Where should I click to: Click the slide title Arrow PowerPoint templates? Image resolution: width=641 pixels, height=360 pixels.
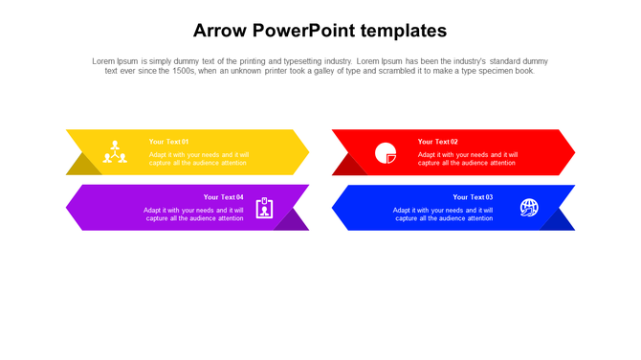coord(320,30)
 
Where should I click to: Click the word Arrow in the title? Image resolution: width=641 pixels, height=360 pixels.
coord(219,30)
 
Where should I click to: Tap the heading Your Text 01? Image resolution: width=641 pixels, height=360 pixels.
coord(169,142)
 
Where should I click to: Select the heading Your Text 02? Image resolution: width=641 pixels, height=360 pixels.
coord(437,142)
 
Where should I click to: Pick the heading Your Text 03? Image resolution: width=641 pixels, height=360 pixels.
coord(473,197)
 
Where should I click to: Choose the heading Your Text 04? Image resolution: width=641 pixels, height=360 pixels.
coord(223,197)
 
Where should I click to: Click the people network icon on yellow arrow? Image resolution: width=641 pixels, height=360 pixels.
coord(115,151)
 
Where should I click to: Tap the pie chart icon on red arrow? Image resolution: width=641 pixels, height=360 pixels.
coord(386,152)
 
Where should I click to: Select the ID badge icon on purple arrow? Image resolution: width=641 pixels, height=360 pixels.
coord(264,208)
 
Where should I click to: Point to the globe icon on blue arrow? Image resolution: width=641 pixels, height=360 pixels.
coord(529,208)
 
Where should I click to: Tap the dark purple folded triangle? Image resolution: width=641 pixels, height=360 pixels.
coord(292,221)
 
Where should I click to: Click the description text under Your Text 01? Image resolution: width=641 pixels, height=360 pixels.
coord(199,159)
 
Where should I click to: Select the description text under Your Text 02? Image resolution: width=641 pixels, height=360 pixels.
coord(468,159)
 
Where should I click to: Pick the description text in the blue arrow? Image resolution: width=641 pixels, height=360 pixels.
coord(443,214)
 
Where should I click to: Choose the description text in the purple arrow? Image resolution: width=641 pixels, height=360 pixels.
coord(193,214)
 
